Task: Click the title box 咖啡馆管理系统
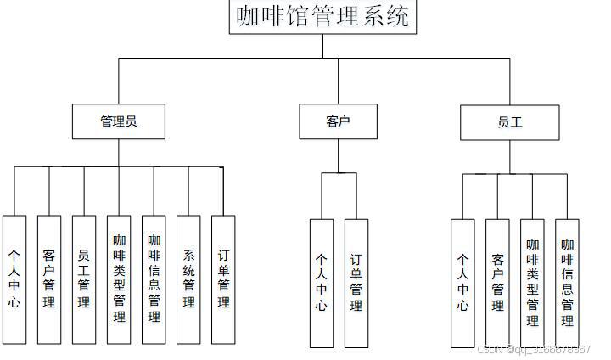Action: (322, 17)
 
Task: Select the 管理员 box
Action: (118, 121)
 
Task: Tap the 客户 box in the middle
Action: (338, 121)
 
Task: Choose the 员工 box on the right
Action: (510, 122)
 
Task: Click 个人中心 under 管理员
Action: (14, 278)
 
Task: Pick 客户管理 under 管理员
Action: (49, 278)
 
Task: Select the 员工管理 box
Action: (84, 278)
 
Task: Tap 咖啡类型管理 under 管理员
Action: (119, 278)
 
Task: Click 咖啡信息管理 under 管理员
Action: (154, 278)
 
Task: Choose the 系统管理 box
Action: (188, 278)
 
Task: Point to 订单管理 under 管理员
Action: (223, 278)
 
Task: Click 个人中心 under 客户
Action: (321, 283)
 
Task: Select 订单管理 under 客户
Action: (356, 283)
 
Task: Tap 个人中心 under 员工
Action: (462, 283)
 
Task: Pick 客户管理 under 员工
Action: (497, 283)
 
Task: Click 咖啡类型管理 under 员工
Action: (532, 283)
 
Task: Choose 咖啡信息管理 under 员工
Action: (567, 283)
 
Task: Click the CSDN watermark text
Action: (534, 350)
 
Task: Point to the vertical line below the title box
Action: (322, 46)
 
